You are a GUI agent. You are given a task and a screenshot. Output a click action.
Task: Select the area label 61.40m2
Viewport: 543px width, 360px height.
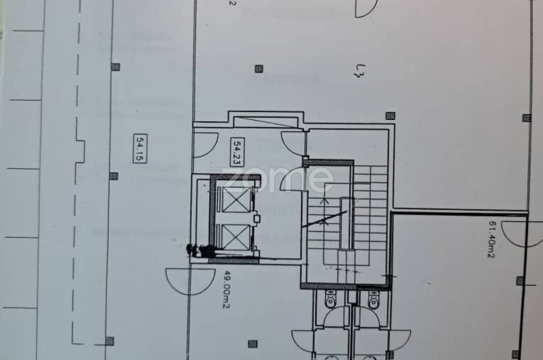491,239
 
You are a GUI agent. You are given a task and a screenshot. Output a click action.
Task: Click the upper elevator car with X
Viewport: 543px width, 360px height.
233,199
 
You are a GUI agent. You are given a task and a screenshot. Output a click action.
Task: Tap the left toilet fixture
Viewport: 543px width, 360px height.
331,298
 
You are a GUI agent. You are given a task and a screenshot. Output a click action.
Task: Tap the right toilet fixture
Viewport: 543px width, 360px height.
373,298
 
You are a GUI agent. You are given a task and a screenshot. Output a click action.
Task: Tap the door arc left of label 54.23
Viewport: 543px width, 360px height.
206,145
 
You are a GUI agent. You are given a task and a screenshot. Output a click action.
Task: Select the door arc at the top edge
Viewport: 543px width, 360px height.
366,7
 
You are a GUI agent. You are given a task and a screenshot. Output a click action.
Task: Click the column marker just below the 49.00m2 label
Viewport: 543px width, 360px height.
253,344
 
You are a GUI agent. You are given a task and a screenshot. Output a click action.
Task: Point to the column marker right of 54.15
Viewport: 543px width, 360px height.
113,176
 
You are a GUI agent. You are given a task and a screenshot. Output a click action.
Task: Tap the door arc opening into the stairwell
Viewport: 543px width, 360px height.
295,179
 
